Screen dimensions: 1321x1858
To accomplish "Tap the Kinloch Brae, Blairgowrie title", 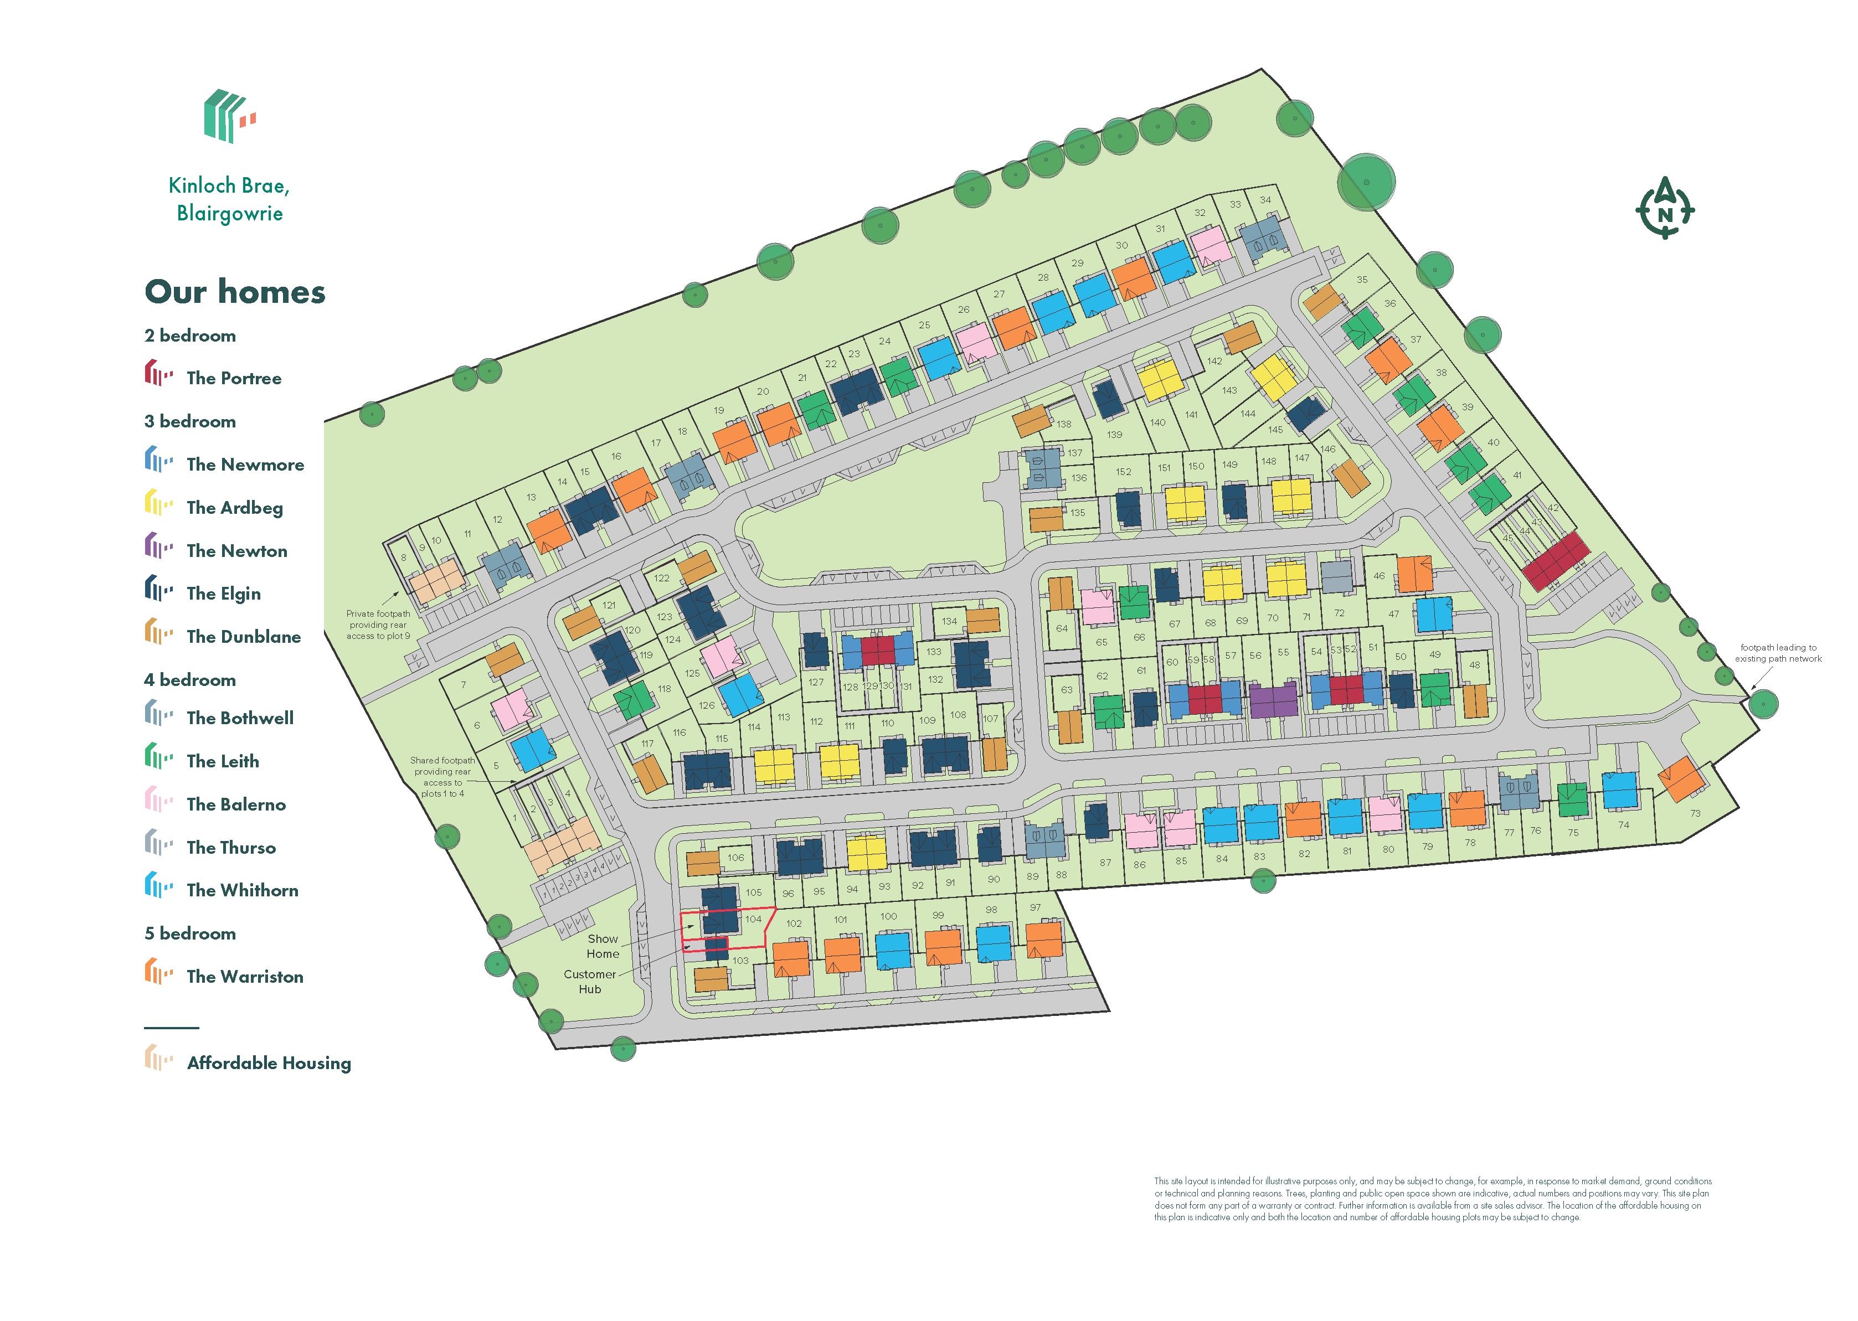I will click(x=229, y=199).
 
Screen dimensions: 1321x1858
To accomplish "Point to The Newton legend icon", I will click(x=158, y=546).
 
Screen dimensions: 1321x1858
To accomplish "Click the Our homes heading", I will click(x=235, y=292).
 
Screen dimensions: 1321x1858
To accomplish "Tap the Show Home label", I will click(x=602, y=946).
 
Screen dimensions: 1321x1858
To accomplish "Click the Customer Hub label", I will click(x=590, y=981).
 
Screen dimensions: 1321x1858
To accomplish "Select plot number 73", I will click(x=1695, y=813).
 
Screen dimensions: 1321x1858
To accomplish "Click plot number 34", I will click(x=1265, y=199).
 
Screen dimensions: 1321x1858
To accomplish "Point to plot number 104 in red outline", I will click(x=753, y=919).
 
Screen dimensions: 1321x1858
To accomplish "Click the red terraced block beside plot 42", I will click(x=1556, y=560).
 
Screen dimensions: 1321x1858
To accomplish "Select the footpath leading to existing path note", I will click(x=1778, y=653).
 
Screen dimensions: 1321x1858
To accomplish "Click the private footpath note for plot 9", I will click(x=378, y=625).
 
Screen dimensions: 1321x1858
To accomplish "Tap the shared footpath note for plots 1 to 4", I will click(x=442, y=777).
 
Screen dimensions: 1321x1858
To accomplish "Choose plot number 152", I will click(x=1124, y=472).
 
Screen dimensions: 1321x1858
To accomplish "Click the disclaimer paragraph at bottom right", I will click(x=1432, y=1199).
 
